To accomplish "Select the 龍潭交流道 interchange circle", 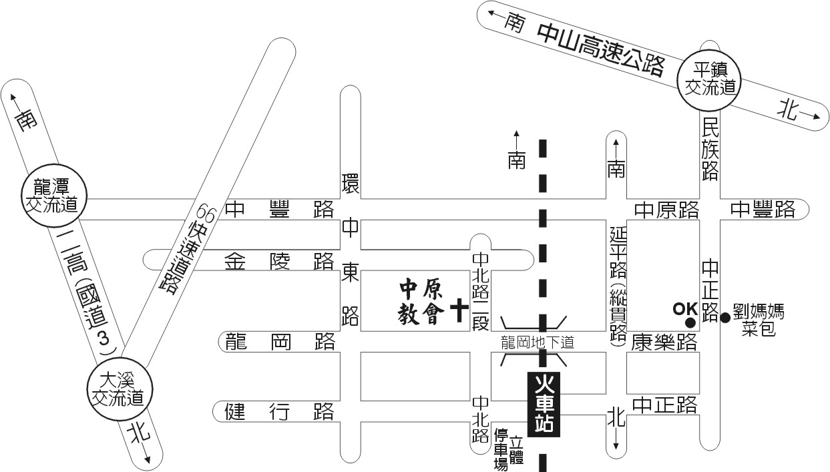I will tap(51, 195).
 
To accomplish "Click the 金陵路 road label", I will tap(279, 260).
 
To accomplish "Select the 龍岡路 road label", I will tap(279, 341).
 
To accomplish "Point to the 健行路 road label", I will tap(279, 411).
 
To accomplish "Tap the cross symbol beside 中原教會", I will tap(459, 310).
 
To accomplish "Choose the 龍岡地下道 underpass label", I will tap(538, 342).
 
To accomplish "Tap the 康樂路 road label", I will tap(665, 342).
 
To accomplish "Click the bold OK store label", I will tap(684, 309).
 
